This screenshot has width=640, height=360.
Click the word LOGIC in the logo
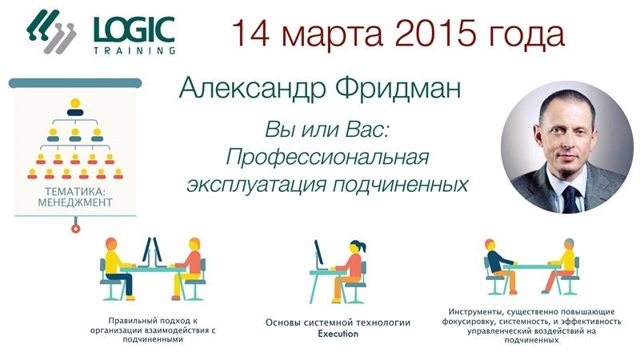tap(134, 30)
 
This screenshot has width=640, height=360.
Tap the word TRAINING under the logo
tap(134, 51)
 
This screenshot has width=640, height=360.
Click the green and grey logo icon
tap(51, 32)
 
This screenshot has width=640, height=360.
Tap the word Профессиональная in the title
tap(327, 158)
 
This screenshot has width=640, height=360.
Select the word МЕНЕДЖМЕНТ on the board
tap(75, 202)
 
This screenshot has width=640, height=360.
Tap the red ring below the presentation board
tap(75, 229)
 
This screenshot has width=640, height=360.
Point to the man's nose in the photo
tap(568, 144)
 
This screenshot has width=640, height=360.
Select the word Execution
tap(338, 334)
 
